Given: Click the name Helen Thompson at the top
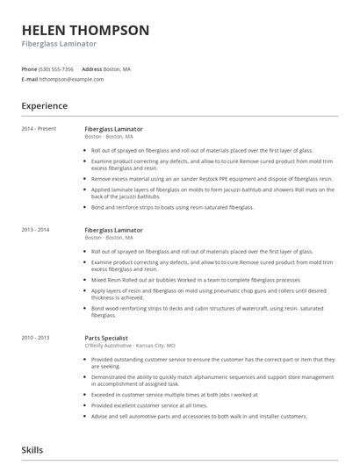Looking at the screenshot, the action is (x=85, y=30).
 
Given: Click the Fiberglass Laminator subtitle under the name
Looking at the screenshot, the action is (x=59, y=43).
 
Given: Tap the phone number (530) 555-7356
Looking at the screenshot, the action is (x=57, y=68).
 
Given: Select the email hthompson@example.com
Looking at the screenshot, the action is (x=71, y=79).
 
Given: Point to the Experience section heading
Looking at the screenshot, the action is (x=45, y=106).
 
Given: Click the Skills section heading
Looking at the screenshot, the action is (x=32, y=450).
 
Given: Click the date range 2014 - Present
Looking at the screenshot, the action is (x=40, y=129).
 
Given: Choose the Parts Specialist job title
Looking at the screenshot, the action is (x=106, y=338).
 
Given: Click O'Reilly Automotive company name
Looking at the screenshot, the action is (x=110, y=345).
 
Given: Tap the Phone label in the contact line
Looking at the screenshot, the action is (x=29, y=68).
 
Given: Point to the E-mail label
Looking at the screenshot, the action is (x=30, y=79).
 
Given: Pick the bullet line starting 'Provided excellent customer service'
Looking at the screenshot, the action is (x=154, y=405).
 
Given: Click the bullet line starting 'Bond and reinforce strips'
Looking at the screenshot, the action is (x=171, y=207).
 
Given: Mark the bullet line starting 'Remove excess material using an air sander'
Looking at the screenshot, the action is (x=211, y=178).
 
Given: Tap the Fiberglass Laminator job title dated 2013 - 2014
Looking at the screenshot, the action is (x=113, y=230).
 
